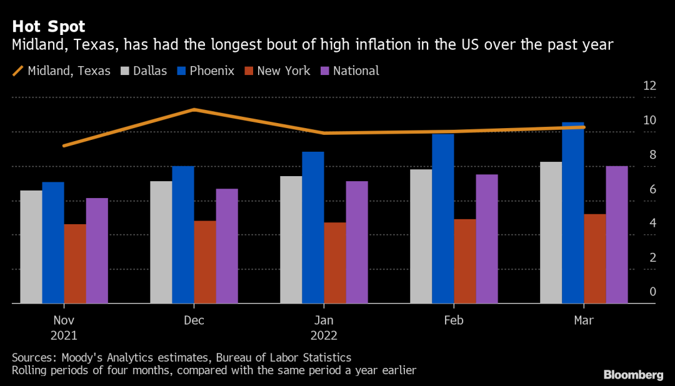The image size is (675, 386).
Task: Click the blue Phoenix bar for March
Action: pos(572,212)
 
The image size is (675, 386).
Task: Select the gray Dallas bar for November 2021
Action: pos(31,247)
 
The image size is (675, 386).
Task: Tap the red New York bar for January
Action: pos(335,263)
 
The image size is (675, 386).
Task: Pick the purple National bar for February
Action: pos(487,239)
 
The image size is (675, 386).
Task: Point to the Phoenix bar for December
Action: pos(183,235)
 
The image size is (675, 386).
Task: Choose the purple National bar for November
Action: pos(97,250)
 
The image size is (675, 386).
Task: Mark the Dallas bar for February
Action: pos(421,236)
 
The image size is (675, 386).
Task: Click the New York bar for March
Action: pos(595,259)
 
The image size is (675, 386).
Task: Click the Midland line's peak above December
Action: pos(194,109)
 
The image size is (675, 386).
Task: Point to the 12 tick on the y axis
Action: pos(649,86)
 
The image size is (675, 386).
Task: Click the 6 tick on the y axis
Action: pos(652,189)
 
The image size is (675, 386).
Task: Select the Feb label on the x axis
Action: pos(454,320)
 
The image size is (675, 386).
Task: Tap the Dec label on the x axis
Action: pos(194,320)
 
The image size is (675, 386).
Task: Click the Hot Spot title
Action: pos(49,27)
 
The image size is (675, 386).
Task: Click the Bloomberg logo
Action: pos(633,375)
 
